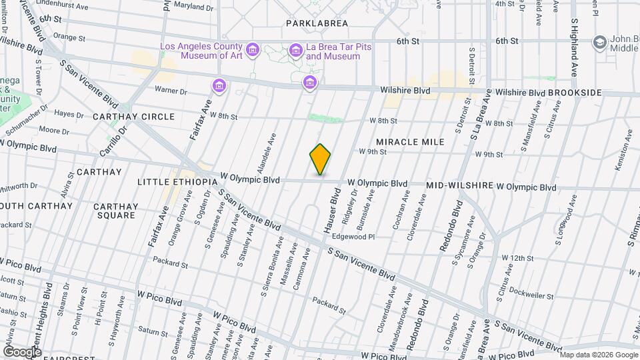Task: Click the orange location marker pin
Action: coord(320,159)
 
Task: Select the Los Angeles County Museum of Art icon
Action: coord(252,51)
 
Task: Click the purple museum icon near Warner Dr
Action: coord(219,85)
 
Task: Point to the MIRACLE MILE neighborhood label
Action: coord(410,142)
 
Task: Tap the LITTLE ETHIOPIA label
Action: coord(177,181)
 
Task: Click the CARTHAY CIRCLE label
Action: coord(133,117)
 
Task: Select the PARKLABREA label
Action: coord(317,23)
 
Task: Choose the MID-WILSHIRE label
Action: coord(459,185)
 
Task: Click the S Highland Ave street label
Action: coord(573,48)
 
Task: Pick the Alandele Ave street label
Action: coord(263,153)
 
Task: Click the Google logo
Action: coord(22,351)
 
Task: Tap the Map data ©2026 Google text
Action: coord(598,354)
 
